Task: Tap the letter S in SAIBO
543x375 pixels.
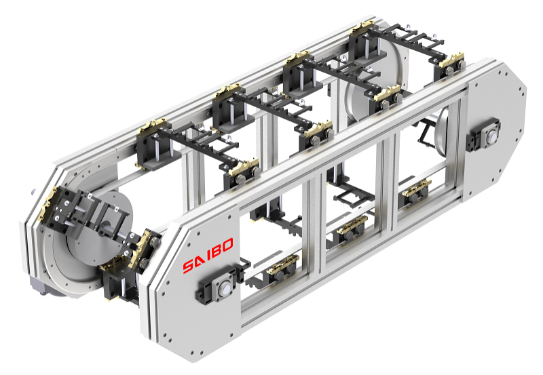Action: click(189, 266)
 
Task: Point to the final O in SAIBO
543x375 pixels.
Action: click(227, 245)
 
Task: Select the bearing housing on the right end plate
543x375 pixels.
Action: click(484, 136)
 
